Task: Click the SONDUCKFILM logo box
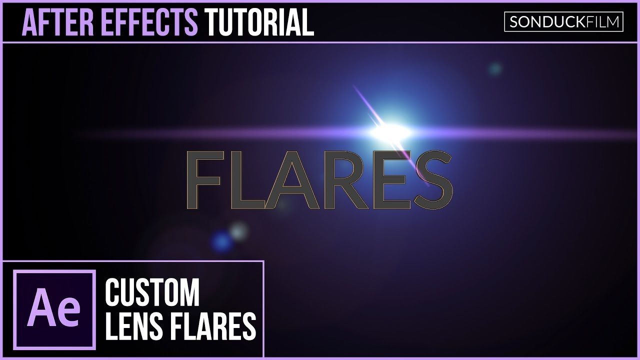click(x=563, y=22)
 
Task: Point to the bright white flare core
click(x=390, y=132)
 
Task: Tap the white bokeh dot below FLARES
click(x=239, y=230)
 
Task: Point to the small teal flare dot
click(x=495, y=68)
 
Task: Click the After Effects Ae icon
click(x=54, y=310)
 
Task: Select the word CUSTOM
click(x=152, y=293)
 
